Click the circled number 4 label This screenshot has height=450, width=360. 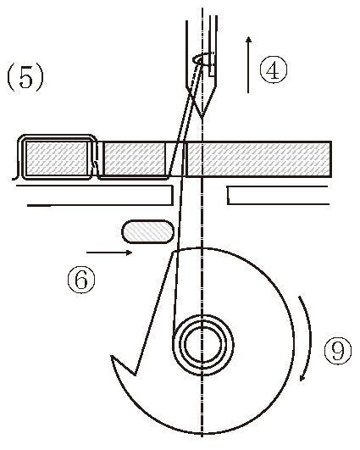point(273,69)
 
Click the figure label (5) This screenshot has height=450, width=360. point(25,77)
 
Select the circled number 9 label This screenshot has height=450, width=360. point(338,351)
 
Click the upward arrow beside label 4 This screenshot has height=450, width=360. point(248,64)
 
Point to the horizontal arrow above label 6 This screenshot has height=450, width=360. point(109,253)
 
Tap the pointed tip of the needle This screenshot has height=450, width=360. point(202,118)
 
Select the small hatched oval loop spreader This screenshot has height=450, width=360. point(148,232)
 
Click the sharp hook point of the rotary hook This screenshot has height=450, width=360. point(111,357)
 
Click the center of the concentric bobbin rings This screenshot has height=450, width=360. point(202,344)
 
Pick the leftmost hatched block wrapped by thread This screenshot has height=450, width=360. point(56,158)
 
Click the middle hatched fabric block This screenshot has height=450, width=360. point(135,158)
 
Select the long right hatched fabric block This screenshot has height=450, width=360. point(258,158)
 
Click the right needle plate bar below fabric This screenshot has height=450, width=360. point(278,196)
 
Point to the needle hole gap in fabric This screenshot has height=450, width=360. point(176,158)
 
